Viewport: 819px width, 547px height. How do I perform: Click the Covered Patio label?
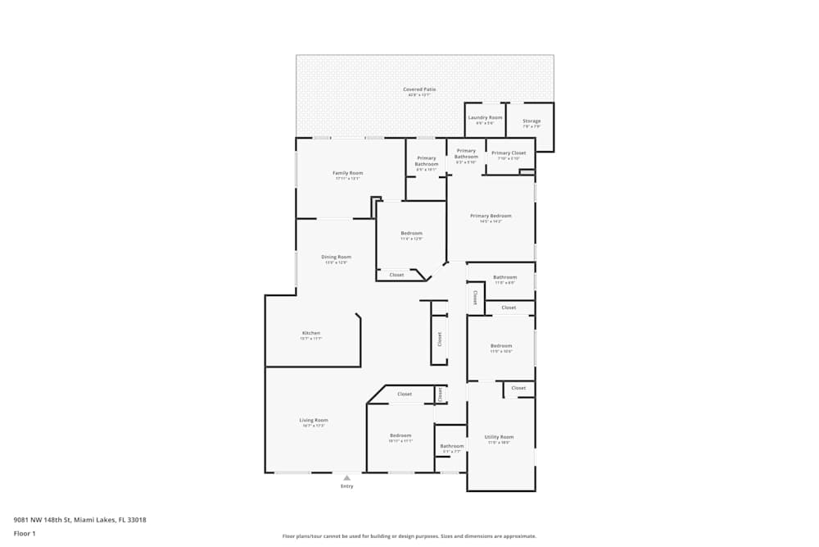click(419, 89)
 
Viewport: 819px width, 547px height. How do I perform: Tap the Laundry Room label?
click(485, 118)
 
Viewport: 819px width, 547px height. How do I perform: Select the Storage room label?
click(532, 121)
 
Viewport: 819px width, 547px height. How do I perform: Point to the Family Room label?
click(347, 173)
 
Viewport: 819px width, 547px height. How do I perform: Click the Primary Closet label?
click(509, 153)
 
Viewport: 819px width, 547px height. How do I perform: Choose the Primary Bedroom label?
click(491, 217)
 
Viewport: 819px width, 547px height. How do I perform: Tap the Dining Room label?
click(336, 258)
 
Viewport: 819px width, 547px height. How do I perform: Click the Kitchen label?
click(311, 333)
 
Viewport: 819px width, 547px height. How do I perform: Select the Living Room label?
click(314, 421)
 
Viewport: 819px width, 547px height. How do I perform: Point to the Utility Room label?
click(499, 437)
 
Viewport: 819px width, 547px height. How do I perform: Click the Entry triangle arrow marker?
click(346, 477)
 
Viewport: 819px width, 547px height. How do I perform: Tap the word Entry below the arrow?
click(347, 486)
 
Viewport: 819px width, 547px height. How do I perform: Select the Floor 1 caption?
click(25, 533)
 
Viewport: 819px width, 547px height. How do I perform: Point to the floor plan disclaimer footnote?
click(409, 536)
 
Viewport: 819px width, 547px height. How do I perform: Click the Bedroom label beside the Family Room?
click(411, 234)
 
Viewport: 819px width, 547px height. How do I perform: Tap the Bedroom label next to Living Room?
click(400, 435)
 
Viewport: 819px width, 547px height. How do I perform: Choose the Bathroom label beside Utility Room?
click(452, 446)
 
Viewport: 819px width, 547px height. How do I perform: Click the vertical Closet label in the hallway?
click(440, 338)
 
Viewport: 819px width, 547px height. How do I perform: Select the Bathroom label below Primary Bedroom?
click(505, 278)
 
